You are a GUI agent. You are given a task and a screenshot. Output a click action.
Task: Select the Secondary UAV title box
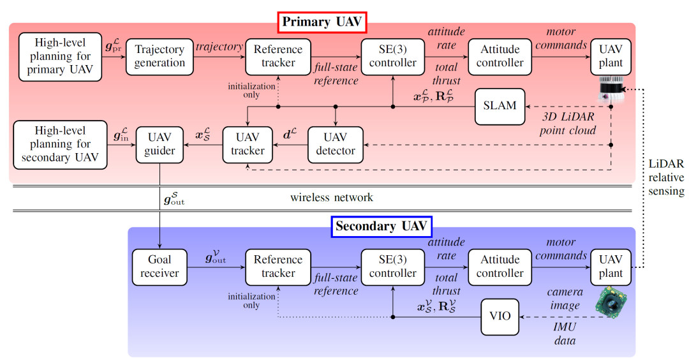click(x=382, y=226)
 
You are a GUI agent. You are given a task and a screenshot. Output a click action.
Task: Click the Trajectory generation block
click(x=159, y=56)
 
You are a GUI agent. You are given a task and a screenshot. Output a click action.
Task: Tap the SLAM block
click(x=500, y=106)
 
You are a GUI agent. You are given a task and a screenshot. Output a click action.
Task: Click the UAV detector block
click(x=336, y=144)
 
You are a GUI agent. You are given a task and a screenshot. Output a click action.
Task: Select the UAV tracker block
click(x=248, y=144)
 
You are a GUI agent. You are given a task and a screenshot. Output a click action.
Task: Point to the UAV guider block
click(x=159, y=144)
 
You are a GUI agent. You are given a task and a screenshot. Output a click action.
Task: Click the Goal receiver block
click(x=159, y=267)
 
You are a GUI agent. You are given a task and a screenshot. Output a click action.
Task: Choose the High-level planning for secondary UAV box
click(x=60, y=144)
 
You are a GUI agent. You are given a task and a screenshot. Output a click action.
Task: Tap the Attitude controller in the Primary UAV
click(x=500, y=56)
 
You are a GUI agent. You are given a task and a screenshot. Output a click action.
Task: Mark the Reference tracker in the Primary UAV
click(x=278, y=56)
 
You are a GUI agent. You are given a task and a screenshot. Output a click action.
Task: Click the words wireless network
click(x=332, y=197)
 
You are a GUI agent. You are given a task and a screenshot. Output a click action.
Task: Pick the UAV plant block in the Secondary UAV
click(x=611, y=267)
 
